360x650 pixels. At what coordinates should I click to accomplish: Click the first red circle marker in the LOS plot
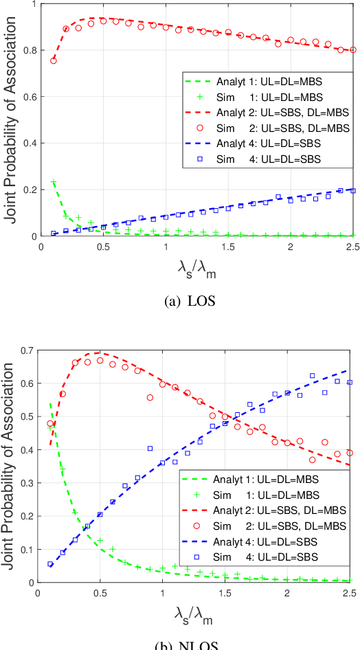click(54, 60)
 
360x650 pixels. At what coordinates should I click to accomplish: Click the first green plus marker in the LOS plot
click(54, 182)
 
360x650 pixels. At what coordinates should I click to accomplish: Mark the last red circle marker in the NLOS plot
click(350, 453)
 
